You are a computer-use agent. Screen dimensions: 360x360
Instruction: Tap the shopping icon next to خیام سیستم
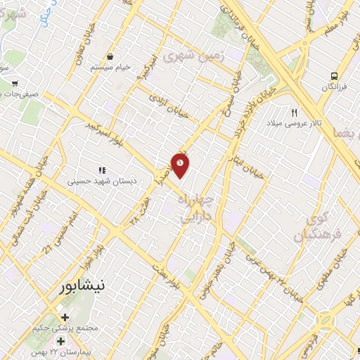(x=110, y=56)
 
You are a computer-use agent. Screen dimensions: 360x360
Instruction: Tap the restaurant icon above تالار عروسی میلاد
(x=295, y=112)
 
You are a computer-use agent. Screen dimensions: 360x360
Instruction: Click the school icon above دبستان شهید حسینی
(x=102, y=170)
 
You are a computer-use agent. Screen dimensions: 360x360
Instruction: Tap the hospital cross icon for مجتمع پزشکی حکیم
(x=65, y=317)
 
